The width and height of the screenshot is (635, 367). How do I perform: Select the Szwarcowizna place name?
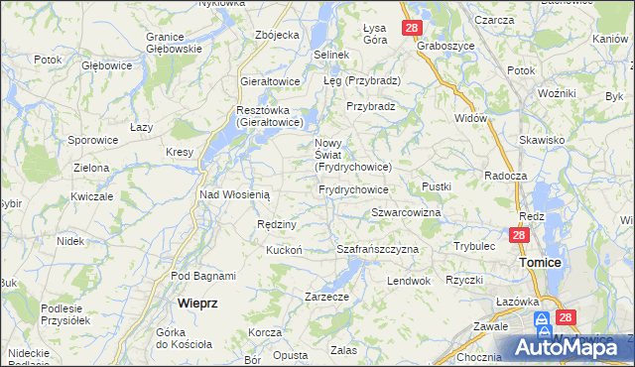click(x=406, y=213)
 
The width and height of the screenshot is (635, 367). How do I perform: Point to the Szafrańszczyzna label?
click(x=378, y=249)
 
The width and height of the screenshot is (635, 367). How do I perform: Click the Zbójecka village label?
click(x=277, y=35)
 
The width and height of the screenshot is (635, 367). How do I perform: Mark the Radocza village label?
click(x=504, y=174)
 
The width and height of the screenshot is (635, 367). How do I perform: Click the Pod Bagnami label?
click(x=203, y=276)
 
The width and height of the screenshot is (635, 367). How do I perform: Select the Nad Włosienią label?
click(x=235, y=194)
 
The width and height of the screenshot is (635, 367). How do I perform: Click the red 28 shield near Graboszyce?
click(x=412, y=28)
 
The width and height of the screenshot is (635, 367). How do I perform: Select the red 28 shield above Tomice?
click(x=518, y=235)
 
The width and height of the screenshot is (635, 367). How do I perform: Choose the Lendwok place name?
click(x=408, y=281)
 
